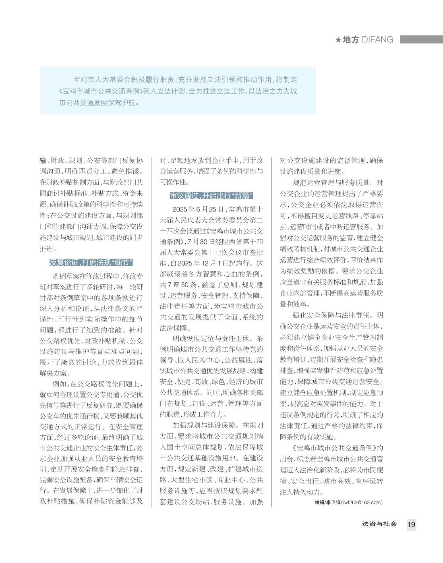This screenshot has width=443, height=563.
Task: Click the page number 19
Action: coord(411,524)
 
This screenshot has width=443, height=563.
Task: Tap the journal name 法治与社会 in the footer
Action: coord(379,524)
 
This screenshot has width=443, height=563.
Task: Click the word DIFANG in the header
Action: coord(377,40)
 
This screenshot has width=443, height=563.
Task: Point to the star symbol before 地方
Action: coord(338,40)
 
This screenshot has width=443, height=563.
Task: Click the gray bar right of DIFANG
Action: coord(421,39)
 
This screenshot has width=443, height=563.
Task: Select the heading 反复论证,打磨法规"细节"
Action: coord(91,263)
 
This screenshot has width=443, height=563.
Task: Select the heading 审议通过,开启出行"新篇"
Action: coord(211,196)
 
